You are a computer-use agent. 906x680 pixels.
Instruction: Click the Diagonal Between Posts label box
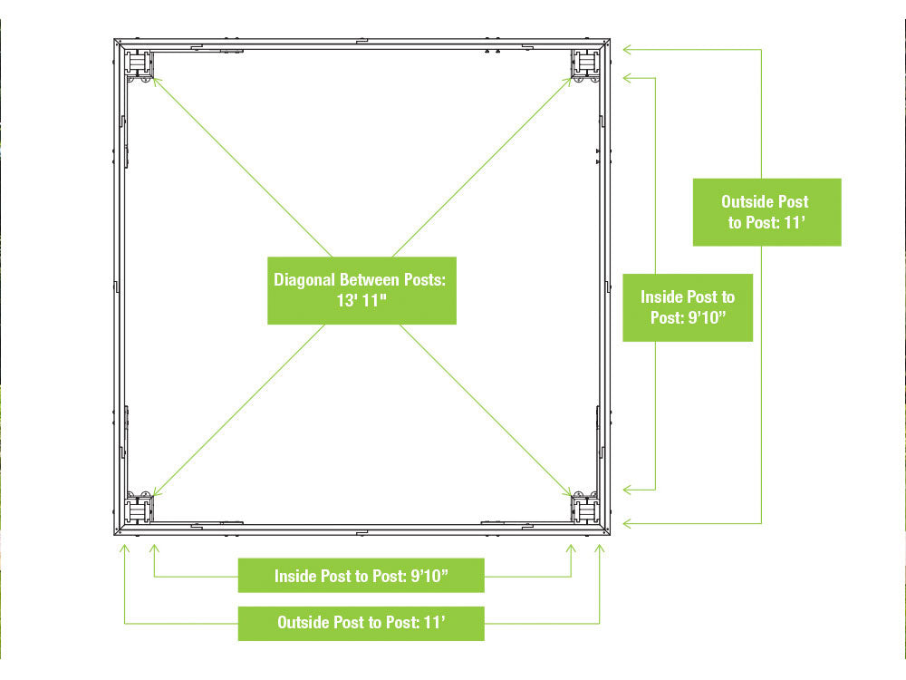click(x=361, y=290)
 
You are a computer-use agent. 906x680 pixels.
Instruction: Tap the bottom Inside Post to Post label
click(x=361, y=576)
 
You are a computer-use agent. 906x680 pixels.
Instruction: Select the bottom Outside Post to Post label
click(x=361, y=624)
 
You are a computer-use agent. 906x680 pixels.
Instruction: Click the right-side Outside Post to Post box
click(x=766, y=212)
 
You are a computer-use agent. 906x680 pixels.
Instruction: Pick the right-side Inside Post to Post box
click(x=688, y=307)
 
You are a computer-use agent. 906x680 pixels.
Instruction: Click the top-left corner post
click(x=139, y=63)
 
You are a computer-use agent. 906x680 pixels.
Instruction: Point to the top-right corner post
click(x=585, y=63)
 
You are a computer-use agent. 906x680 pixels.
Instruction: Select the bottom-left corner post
click(x=139, y=510)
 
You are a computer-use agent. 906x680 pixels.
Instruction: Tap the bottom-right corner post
click(x=585, y=510)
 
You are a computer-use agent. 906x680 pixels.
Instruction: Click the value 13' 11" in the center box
click(x=361, y=301)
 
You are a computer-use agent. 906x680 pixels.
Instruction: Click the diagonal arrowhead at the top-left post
click(x=156, y=82)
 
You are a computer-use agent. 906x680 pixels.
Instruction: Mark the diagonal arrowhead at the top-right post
click(x=567, y=82)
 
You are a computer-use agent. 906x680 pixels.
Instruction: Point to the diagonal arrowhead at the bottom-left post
click(x=156, y=492)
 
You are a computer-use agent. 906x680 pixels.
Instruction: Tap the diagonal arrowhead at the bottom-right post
click(x=567, y=492)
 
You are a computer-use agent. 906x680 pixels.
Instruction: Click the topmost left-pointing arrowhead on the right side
click(x=626, y=50)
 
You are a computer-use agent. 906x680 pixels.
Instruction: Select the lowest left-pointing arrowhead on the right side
click(x=626, y=524)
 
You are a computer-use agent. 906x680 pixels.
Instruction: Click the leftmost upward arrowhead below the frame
click(x=124, y=548)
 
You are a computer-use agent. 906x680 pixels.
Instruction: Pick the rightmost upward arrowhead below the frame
click(x=599, y=548)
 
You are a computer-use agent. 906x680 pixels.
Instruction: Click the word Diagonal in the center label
click(x=304, y=280)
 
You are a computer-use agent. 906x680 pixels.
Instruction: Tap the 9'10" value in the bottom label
click(x=429, y=576)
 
